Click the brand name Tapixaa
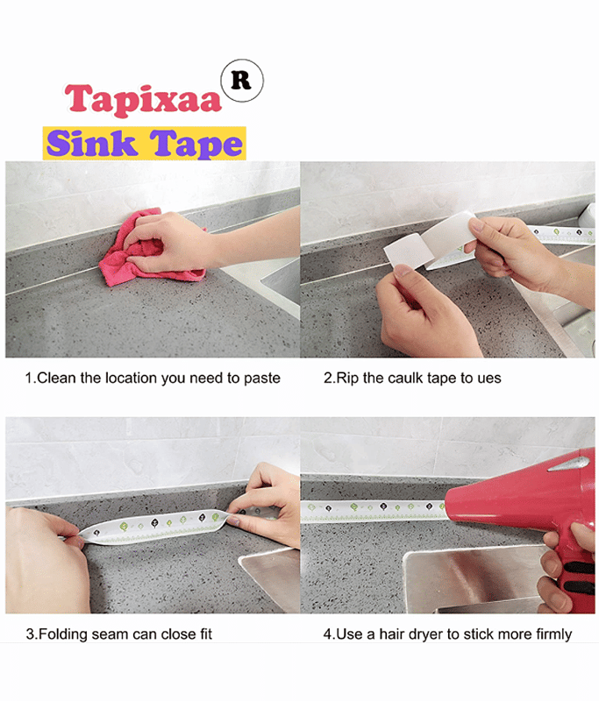[143, 100]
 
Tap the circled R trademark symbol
[242, 81]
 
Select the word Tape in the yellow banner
[196, 144]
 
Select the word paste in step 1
[261, 379]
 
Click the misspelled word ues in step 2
[489, 379]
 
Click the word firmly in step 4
[552, 634]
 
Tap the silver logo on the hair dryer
[569, 464]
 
